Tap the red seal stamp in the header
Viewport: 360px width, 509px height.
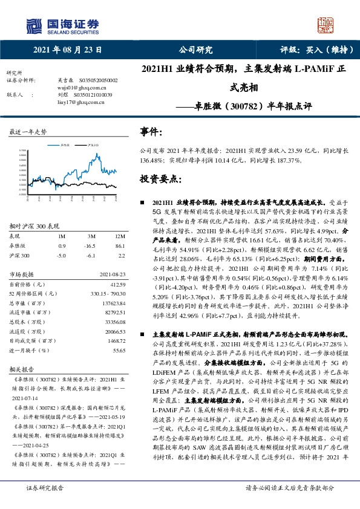pos(327,25)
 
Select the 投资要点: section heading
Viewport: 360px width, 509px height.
pos(162,180)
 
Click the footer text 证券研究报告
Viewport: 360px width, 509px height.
pos(44,487)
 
